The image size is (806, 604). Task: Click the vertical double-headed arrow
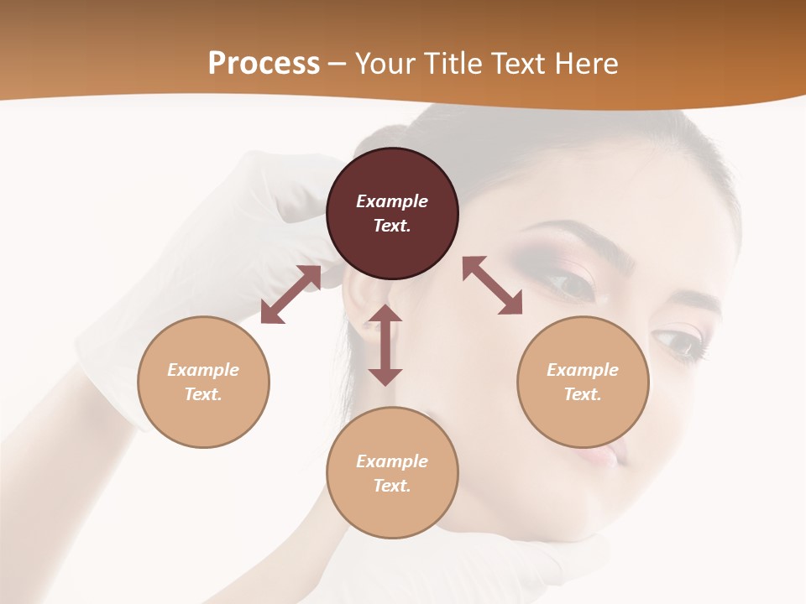tap(385, 345)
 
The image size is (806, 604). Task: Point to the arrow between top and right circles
tap(492, 285)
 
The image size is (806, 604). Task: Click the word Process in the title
tap(264, 63)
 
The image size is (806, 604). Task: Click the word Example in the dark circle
tap(392, 201)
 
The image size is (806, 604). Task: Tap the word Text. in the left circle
tap(203, 394)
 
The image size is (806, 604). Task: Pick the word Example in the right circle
tap(583, 370)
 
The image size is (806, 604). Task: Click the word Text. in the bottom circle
tap(392, 486)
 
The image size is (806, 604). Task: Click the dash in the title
tap(338, 64)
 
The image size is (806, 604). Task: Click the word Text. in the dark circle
tap(392, 226)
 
